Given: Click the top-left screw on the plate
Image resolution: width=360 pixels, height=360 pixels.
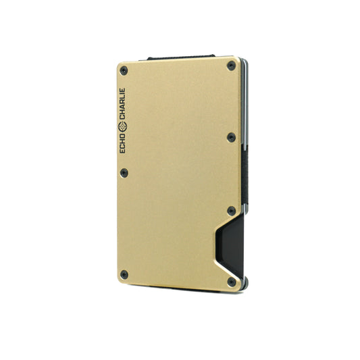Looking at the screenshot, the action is click(124, 71).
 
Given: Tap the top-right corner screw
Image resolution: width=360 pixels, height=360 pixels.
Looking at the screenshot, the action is click(231, 66).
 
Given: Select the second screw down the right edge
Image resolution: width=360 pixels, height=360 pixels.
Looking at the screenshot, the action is click(231, 137).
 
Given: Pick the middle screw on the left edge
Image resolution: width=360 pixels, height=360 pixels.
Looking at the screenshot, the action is click(124, 173).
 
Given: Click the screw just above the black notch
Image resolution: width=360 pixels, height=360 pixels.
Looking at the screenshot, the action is click(231, 211).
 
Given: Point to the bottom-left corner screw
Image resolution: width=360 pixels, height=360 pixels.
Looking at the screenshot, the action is click(124, 275).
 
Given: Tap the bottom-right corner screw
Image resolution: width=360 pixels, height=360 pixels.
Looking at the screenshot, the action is click(231, 282).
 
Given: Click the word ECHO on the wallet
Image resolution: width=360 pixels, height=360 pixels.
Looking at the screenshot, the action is click(122, 143).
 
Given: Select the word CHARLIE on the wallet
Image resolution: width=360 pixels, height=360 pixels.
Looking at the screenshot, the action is click(122, 104).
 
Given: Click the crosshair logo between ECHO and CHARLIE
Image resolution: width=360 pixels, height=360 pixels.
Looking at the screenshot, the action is click(122, 126).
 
